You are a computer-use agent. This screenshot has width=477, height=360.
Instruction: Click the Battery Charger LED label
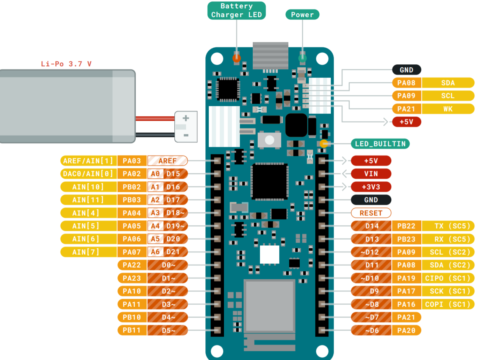click(237, 10)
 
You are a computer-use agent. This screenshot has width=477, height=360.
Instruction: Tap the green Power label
click(302, 15)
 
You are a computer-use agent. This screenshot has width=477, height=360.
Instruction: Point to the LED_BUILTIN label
click(380, 143)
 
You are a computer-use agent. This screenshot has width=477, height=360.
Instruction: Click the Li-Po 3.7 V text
click(66, 64)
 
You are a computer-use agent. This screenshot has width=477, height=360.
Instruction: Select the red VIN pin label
click(371, 174)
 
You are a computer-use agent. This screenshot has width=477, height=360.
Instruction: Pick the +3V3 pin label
click(371, 187)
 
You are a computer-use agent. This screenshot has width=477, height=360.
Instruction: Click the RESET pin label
click(371, 213)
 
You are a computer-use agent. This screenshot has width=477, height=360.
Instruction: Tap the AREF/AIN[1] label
click(88, 161)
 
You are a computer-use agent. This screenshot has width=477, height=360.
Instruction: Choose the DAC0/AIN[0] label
click(88, 174)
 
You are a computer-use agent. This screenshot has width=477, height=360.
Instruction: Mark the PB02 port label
click(132, 187)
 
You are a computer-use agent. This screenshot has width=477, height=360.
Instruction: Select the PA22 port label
click(132, 265)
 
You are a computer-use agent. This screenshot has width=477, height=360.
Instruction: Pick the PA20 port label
click(407, 330)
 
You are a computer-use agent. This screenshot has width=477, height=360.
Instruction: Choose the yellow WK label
click(448, 109)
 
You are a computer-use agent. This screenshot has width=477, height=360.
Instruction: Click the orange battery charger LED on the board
click(236, 58)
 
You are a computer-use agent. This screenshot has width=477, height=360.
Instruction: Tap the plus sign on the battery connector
click(186, 118)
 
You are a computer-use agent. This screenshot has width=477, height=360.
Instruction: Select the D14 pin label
click(372, 226)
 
